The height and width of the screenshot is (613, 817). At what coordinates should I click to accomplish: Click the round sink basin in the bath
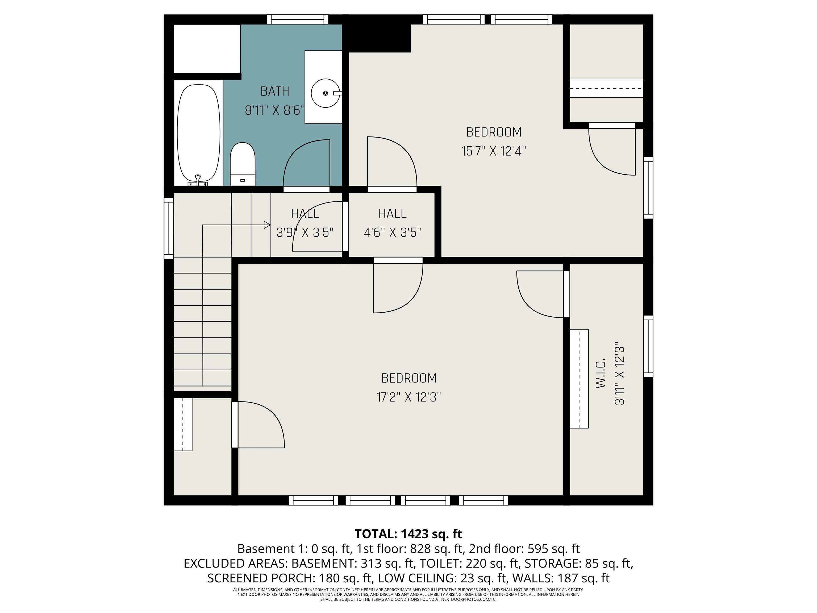325,93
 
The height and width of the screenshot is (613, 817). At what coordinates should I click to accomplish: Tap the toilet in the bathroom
243,164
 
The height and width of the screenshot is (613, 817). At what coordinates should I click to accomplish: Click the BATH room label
274,91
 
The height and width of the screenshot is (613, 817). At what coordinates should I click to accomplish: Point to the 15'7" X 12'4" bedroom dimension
493,151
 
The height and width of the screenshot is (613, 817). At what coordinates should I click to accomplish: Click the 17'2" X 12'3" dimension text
408,397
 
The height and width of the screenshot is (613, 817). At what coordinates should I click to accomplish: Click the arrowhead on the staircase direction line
267,225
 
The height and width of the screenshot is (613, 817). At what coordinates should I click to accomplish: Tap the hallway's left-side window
169,228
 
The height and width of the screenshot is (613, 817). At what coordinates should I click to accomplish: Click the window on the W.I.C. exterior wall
648,346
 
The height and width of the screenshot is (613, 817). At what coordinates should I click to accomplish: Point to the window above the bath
297,19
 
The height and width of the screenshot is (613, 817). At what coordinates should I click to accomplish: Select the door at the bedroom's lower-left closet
259,425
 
